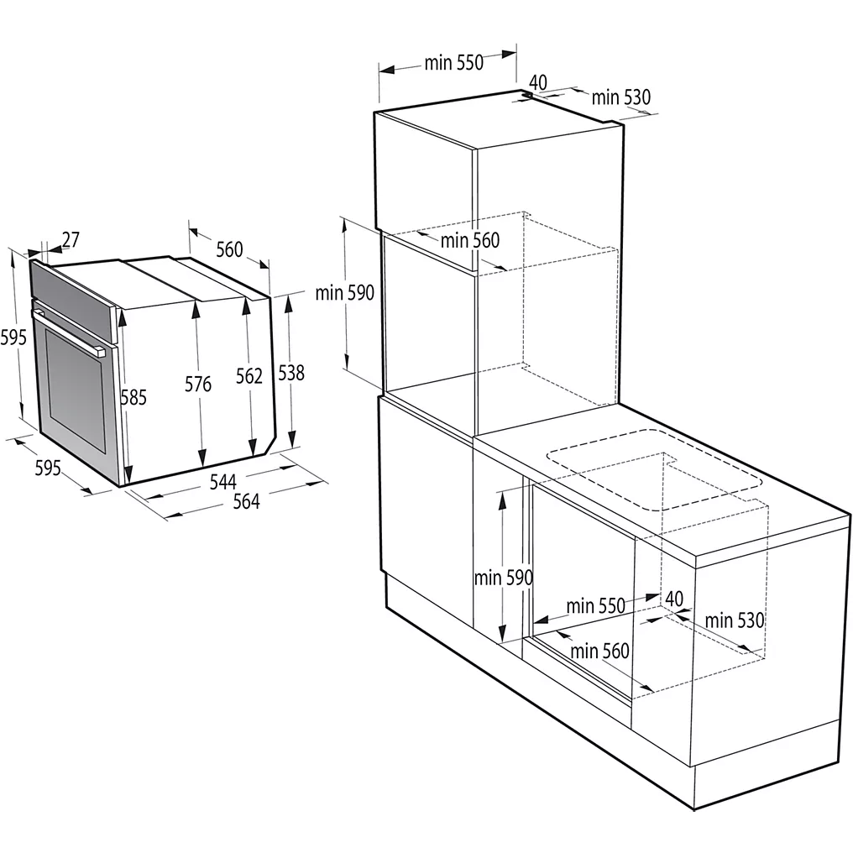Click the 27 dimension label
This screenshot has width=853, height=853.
tap(71, 240)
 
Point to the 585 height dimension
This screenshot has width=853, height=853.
tap(133, 397)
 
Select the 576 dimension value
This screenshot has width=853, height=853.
tap(198, 385)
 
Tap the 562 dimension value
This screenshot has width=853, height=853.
tap(249, 376)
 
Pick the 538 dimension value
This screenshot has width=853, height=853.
tap(291, 373)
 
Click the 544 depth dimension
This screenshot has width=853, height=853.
tap(222, 482)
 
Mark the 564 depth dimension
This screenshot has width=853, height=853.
tap(246, 501)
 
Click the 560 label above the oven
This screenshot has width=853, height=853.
tap(229, 249)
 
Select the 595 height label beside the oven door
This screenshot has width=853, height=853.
tap(14, 338)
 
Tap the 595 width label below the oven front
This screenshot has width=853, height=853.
tap(47, 468)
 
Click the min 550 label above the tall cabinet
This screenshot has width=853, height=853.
tap(453, 63)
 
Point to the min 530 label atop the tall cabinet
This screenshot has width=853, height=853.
tap(620, 97)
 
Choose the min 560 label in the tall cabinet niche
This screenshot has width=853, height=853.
tap(470, 241)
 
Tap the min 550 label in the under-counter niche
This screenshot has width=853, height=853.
tap(595, 606)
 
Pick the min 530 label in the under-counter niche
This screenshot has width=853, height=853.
tap(735, 620)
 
